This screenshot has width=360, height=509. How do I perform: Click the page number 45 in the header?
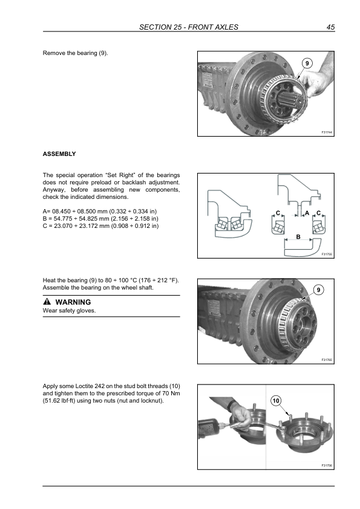point(330,27)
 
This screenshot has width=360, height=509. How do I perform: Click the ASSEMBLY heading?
point(59,154)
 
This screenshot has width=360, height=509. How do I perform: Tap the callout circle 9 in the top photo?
point(307,63)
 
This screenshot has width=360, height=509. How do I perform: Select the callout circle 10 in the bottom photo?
point(276,401)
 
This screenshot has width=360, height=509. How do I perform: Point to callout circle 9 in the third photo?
point(318,290)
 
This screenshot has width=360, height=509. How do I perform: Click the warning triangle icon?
point(47,302)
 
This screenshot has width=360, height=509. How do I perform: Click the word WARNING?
point(73,302)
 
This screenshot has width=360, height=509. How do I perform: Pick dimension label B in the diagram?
point(298,236)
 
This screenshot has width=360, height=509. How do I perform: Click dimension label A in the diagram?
point(307,213)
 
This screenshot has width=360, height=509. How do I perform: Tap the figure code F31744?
point(327,132)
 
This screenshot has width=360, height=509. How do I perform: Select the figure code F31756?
point(327,465)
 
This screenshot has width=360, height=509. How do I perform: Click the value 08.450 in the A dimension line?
point(61,212)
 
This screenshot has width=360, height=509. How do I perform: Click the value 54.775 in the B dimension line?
point(63,219)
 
